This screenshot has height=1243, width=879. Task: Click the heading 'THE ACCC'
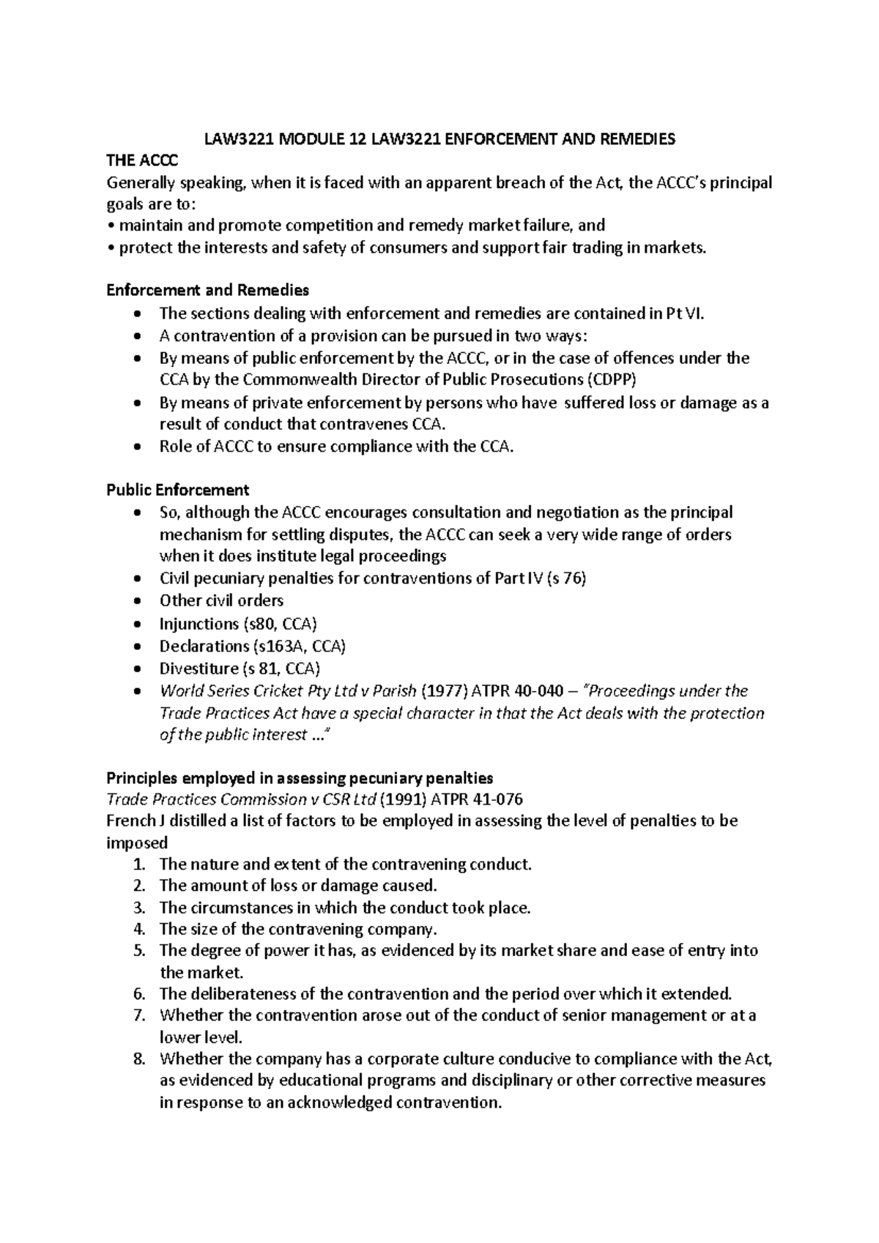click(142, 161)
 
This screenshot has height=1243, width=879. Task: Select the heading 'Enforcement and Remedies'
click(207, 290)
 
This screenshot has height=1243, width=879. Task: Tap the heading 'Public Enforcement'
click(178, 490)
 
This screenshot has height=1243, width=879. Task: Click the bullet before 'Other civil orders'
click(138, 601)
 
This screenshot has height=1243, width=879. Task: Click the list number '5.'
click(141, 951)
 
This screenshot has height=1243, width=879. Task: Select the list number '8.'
click(141, 1059)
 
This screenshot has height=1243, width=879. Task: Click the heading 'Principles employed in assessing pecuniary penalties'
click(300, 777)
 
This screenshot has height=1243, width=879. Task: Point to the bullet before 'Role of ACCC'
click(138, 447)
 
